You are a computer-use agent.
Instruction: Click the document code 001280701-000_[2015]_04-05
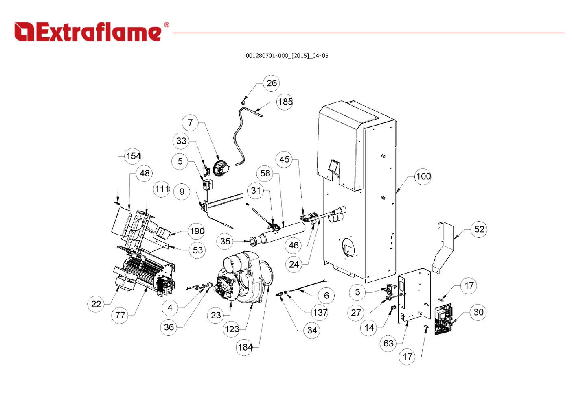click(x=287, y=56)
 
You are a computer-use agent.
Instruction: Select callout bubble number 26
click(x=272, y=83)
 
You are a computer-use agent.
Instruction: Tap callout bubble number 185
click(x=285, y=102)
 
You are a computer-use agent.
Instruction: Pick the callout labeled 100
click(x=423, y=176)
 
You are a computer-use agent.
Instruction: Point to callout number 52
click(x=479, y=229)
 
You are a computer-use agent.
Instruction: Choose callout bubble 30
click(x=478, y=312)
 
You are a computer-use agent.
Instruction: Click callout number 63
click(x=388, y=343)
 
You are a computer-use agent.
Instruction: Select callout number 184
click(x=245, y=347)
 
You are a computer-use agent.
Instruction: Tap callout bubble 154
click(x=133, y=156)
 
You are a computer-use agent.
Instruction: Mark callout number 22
click(x=96, y=304)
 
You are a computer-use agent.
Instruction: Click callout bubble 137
click(x=320, y=312)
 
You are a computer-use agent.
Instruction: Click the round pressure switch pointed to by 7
click(x=221, y=168)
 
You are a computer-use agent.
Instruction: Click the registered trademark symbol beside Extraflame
click(x=167, y=25)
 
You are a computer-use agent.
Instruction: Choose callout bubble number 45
click(x=284, y=159)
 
